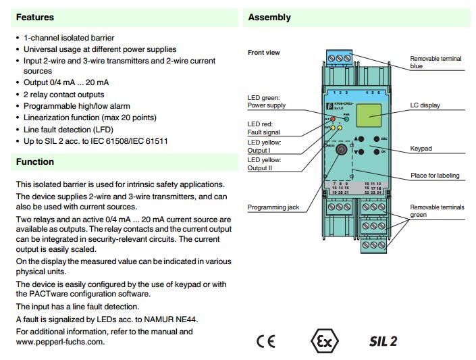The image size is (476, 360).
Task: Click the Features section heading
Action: point(35,18)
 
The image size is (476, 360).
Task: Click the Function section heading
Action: point(35,162)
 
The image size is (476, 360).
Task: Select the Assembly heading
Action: point(269,18)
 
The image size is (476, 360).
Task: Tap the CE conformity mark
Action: point(266,340)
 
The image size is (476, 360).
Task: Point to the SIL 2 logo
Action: point(383,340)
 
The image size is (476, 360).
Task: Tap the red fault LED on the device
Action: point(334,119)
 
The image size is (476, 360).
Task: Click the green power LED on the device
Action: point(346,119)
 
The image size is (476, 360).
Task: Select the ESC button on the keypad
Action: point(373,138)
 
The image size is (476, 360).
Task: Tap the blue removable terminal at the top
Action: point(344,61)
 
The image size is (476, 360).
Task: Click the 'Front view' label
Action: point(263,53)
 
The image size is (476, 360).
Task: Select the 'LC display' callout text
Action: point(425,105)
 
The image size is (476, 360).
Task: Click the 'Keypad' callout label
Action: point(421,148)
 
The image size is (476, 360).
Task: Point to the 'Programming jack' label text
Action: point(273,207)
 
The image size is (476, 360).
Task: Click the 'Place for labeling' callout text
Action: point(435,176)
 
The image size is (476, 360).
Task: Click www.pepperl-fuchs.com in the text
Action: point(60,342)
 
